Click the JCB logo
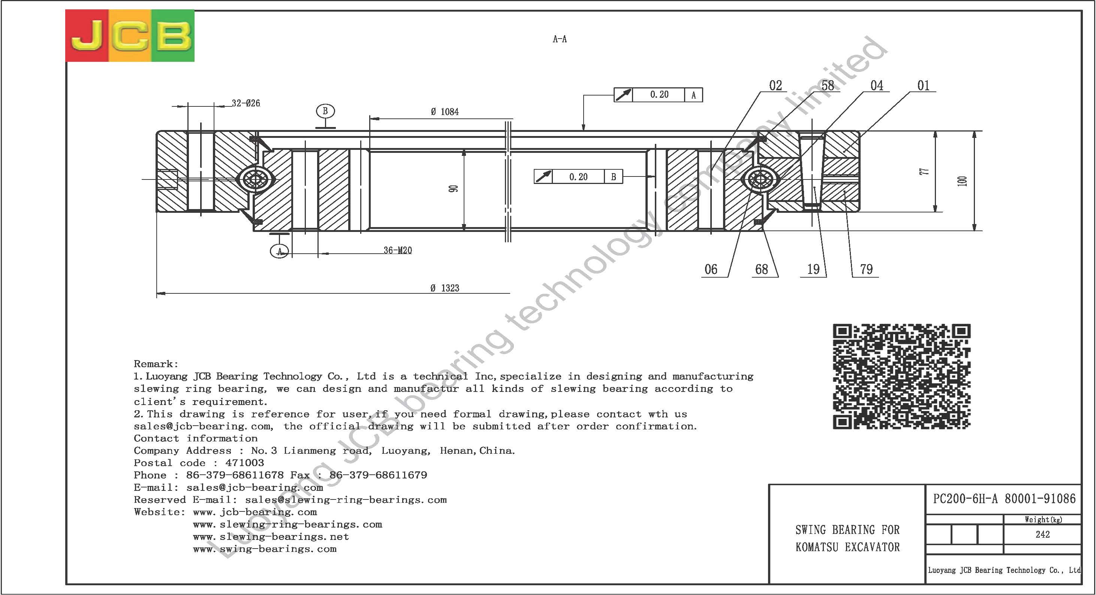130,36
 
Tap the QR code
901,377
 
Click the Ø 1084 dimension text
445,112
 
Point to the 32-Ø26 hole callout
246,103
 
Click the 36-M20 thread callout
398,251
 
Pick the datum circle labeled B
325,111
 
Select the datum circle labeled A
280,251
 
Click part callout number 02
776,86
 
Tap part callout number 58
828,86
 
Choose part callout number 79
866,269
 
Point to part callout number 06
711,269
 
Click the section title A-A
560,39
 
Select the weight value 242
1043,534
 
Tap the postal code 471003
245,463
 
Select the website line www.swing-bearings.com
265,549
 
